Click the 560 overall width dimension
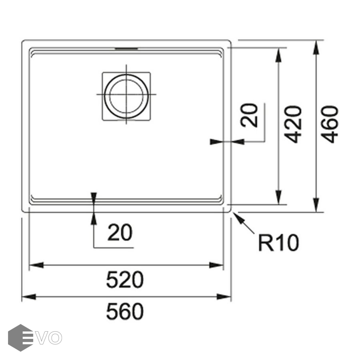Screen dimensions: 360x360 [125, 311]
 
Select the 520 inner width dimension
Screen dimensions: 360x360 [125, 280]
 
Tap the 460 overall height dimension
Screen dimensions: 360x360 [330, 124]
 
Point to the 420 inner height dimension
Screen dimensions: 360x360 [293, 124]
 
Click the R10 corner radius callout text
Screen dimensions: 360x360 [278, 243]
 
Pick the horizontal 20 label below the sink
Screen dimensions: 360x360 [120, 232]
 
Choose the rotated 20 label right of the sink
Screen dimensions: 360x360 [249, 115]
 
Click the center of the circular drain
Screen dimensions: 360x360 [126, 94]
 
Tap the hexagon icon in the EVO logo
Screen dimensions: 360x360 [20, 338]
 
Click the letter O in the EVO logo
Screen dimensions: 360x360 [55, 338]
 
